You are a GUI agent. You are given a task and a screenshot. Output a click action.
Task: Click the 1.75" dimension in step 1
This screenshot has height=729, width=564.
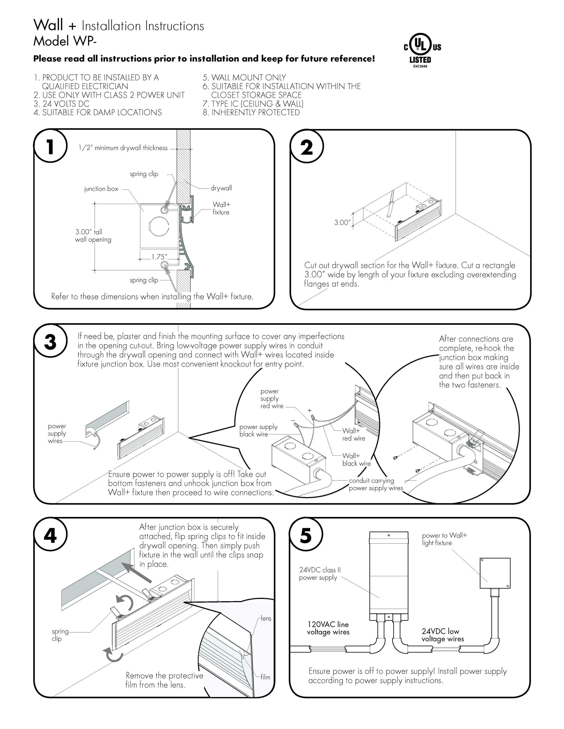(159, 257)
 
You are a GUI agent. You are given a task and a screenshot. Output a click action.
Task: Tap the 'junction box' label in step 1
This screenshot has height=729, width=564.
(101, 189)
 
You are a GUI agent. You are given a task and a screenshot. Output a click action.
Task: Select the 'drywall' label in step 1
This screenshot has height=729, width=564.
(221, 188)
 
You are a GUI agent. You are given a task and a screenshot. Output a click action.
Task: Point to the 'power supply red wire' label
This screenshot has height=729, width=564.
(272, 399)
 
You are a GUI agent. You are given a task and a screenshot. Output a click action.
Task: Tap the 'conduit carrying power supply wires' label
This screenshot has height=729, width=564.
(376, 484)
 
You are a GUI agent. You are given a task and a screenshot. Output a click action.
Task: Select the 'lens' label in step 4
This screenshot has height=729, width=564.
(266, 619)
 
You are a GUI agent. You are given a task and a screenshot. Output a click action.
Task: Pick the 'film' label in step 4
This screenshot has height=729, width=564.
(265, 677)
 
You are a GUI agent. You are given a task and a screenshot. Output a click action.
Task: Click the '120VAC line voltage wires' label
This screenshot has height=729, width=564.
(328, 628)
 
